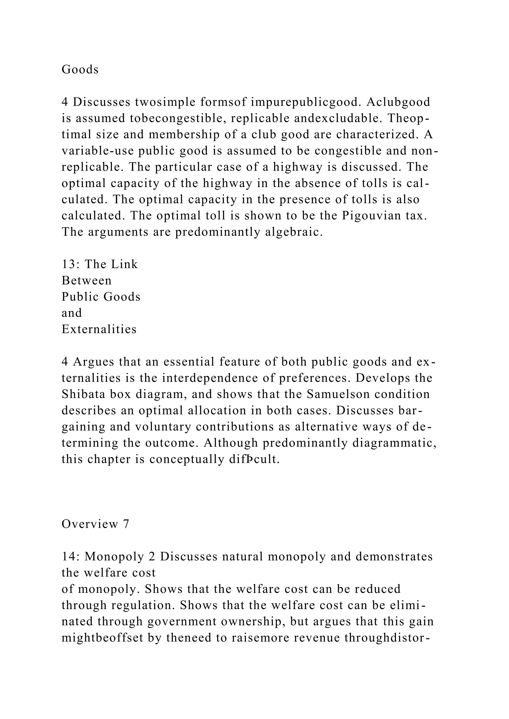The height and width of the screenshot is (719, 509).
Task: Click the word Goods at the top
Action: [80, 70]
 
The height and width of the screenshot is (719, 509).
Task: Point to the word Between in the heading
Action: [86, 281]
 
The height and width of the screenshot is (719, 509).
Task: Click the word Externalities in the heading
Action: [99, 329]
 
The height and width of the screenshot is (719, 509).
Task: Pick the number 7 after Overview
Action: [126, 524]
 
